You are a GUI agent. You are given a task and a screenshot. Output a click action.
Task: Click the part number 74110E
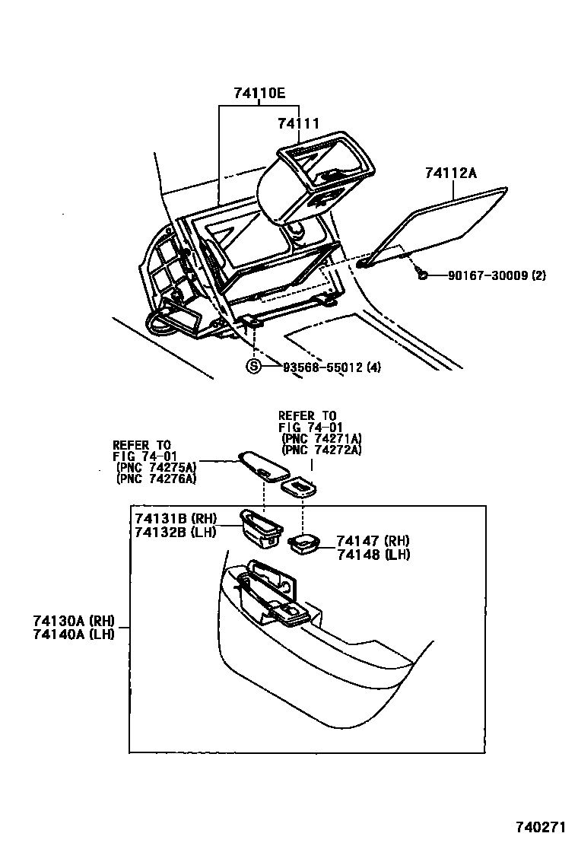[x=259, y=94]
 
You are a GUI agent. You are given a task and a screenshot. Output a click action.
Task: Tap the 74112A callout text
[x=451, y=174]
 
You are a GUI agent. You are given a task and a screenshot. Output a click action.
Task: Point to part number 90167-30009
[x=482, y=275]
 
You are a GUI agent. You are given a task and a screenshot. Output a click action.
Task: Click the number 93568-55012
[x=323, y=367]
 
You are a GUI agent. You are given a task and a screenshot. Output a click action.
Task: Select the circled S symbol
[x=254, y=367]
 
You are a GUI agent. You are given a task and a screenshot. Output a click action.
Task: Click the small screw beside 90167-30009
[x=421, y=272]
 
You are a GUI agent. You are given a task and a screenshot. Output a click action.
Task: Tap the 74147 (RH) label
[x=373, y=541]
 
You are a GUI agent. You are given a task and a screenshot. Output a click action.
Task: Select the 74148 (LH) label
[x=373, y=555]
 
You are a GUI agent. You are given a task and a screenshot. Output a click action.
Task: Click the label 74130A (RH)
[x=73, y=621]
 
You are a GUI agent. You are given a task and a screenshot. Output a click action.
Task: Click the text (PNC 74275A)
[x=156, y=466]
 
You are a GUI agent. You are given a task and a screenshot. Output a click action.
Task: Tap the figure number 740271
[x=541, y=827]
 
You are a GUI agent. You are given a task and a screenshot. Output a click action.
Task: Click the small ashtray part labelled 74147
[x=305, y=543]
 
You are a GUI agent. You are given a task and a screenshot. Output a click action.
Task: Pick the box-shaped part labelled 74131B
[x=259, y=526]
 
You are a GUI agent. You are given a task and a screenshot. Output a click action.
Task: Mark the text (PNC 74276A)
[x=156, y=479]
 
